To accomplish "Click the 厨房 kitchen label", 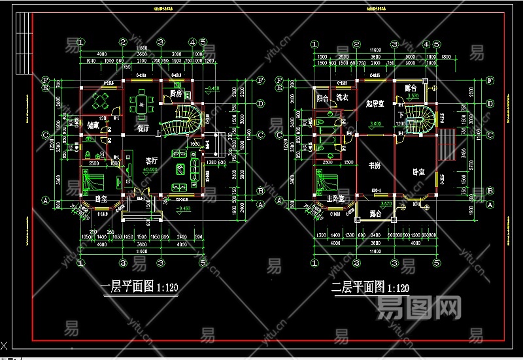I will tap(175, 94).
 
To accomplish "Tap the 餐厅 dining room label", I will tap(142, 128).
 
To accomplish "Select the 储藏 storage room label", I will tap(92, 125).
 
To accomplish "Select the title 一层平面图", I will tap(124, 287).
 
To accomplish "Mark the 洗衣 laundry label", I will tap(343, 98).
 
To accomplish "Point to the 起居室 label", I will tap(374, 104).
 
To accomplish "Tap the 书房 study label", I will tap(375, 165).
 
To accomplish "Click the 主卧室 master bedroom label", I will tap(335, 198).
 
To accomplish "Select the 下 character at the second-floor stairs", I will tap(401, 115).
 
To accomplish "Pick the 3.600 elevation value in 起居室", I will tap(375, 123).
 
